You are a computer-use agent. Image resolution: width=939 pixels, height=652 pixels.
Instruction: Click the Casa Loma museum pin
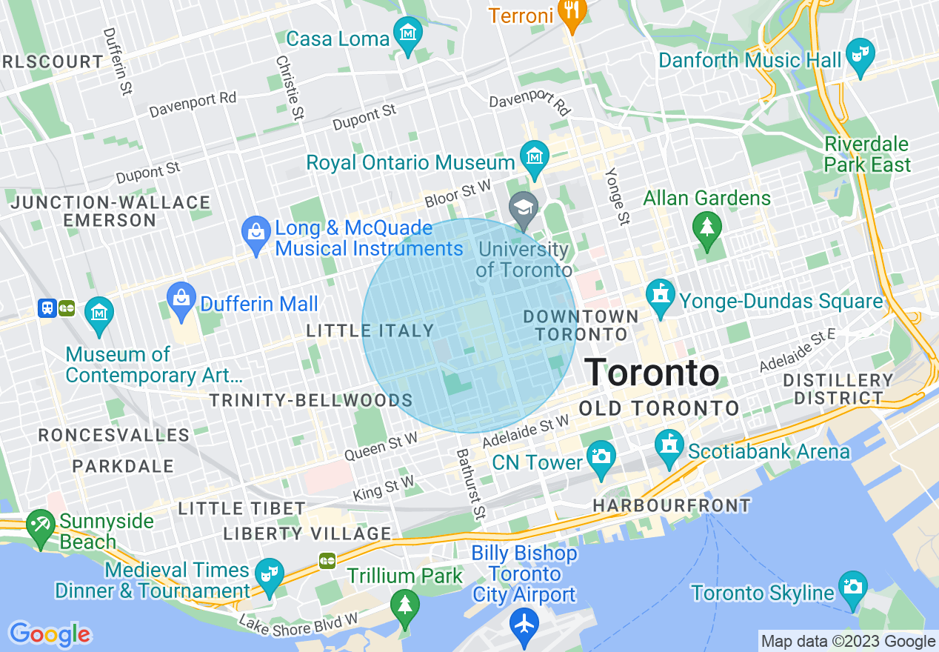tap(408, 34)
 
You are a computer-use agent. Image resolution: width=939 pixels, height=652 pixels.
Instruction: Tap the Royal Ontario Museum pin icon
tap(533, 156)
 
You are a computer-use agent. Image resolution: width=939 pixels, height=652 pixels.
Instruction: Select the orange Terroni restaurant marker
tap(571, 11)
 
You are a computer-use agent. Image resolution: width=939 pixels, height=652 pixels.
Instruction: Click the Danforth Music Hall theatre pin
tap(861, 55)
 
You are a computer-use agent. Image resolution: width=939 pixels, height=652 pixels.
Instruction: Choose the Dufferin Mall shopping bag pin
tap(181, 297)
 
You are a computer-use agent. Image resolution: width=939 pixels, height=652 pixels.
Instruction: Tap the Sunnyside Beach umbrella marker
tap(40, 525)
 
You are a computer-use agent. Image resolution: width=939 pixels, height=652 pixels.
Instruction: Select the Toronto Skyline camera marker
tap(853, 587)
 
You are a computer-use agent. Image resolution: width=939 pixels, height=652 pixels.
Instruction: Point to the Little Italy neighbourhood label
tap(370, 330)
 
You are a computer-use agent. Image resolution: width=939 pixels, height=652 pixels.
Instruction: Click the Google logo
tap(50, 633)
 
